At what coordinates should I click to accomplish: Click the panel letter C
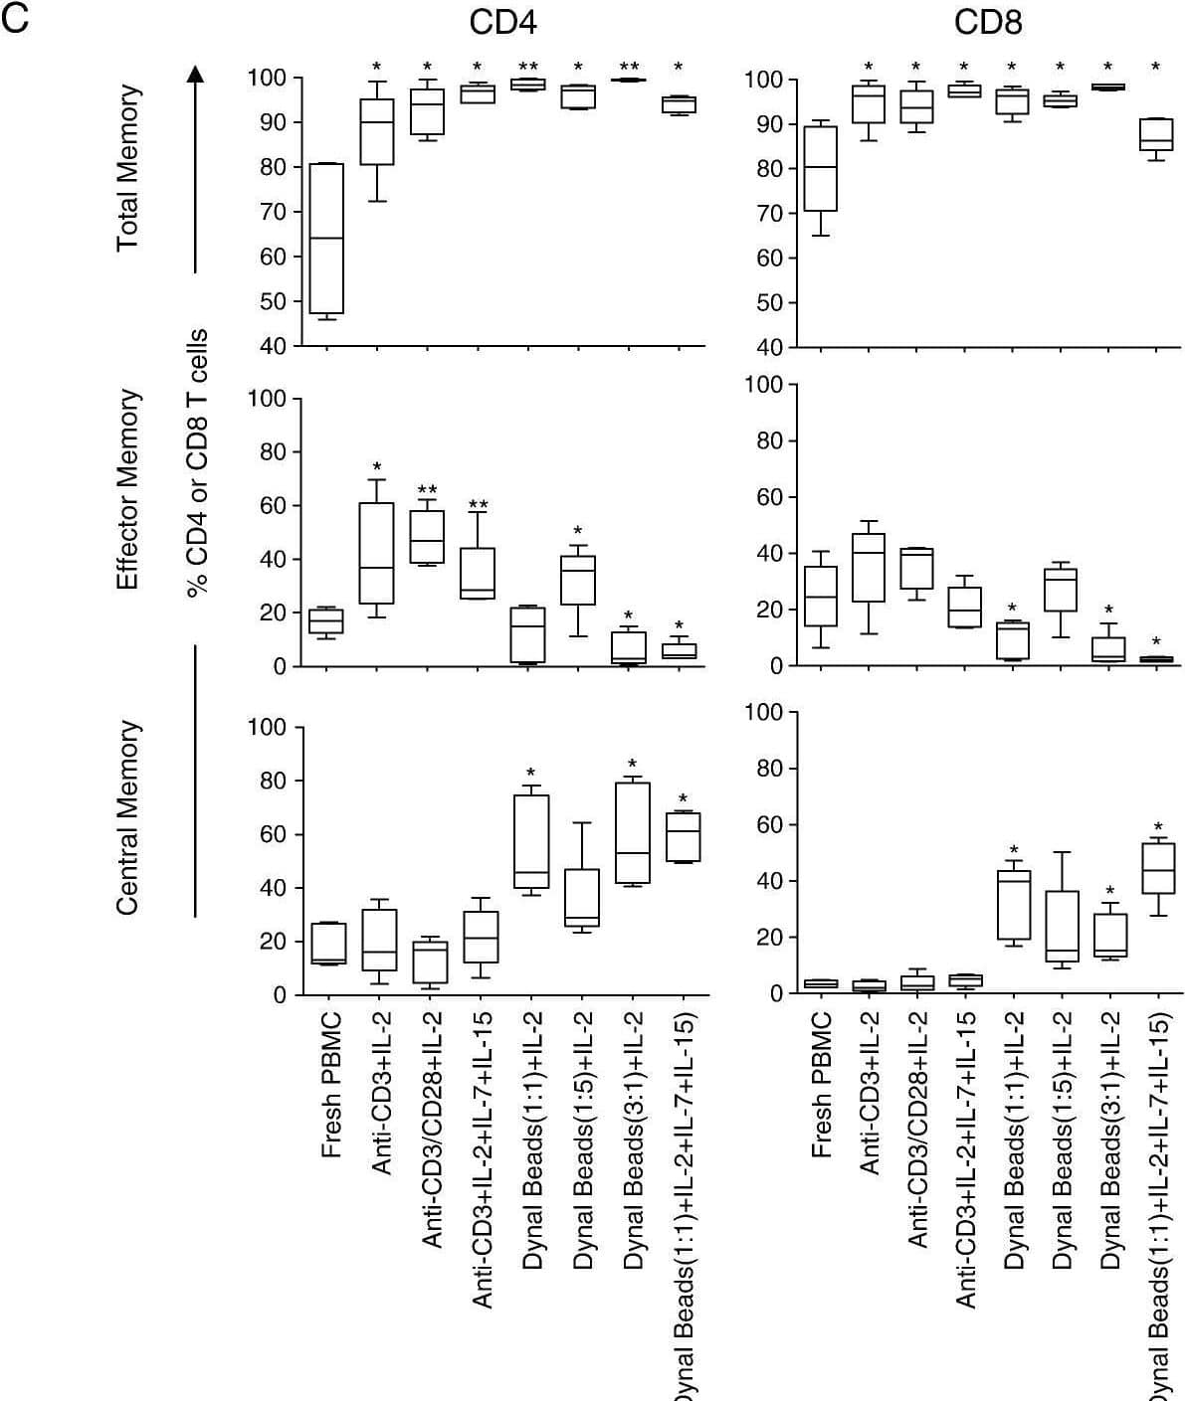[16, 19]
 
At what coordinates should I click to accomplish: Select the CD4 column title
[502, 23]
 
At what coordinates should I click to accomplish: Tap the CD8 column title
[987, 23]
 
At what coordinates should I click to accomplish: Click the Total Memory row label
[127, 169]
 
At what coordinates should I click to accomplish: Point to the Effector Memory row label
[127, 488]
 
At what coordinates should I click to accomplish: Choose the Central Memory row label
[127, 817]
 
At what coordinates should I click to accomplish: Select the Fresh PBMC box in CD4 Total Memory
[326, 239]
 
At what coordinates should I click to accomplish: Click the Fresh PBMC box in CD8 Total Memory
[820, 169]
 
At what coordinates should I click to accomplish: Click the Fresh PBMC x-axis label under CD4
[331, 1085]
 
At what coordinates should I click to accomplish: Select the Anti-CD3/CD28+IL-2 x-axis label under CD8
[917, 1129]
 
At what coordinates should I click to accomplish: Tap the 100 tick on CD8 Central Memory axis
[764, 712]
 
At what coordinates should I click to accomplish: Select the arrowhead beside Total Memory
[196, 74]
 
